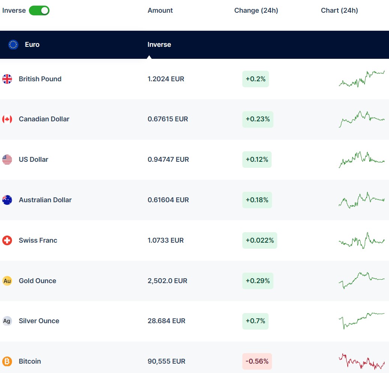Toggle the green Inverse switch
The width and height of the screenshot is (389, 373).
[39, 10]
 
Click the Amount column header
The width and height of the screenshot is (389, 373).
[160, 10]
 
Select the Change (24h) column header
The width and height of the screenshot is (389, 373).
[256, 10]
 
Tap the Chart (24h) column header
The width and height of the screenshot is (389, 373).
[339, 10]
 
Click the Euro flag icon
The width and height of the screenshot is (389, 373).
[13, 45]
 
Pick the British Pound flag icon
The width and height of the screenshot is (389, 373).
[7, 79]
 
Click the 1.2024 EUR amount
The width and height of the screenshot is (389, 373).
[166, 79]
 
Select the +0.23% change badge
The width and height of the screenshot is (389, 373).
[258, 119]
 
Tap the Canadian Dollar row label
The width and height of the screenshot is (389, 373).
[44, 119]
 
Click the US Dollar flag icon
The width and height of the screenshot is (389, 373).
[7, 160]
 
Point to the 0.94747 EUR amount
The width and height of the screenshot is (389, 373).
[168, 160]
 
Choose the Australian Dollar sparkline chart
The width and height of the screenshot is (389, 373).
[362, 200]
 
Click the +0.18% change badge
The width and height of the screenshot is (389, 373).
[257, 200]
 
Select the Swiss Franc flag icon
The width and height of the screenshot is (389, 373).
[7, 240]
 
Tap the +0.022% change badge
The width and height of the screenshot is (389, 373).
[260, 240]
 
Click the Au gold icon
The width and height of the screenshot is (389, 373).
[7, 281]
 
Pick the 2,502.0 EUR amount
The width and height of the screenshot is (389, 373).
[167, 281]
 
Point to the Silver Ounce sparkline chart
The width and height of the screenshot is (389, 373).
[362, 320]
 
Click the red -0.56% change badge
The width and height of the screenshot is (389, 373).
[257, 361]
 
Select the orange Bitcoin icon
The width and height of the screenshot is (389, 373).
[7, 361]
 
